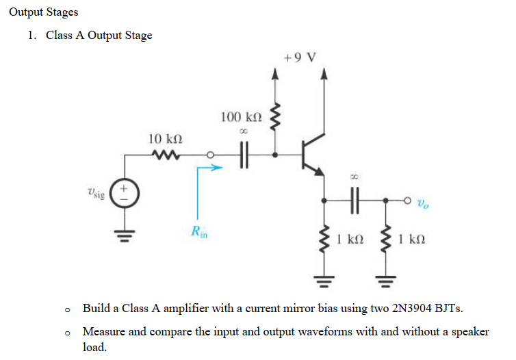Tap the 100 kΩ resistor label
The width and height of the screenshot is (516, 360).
(240, 117)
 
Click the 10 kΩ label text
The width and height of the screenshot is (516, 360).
(165, 139)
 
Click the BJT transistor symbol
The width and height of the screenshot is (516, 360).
(313, 155)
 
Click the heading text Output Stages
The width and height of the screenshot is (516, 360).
(44, 12)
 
